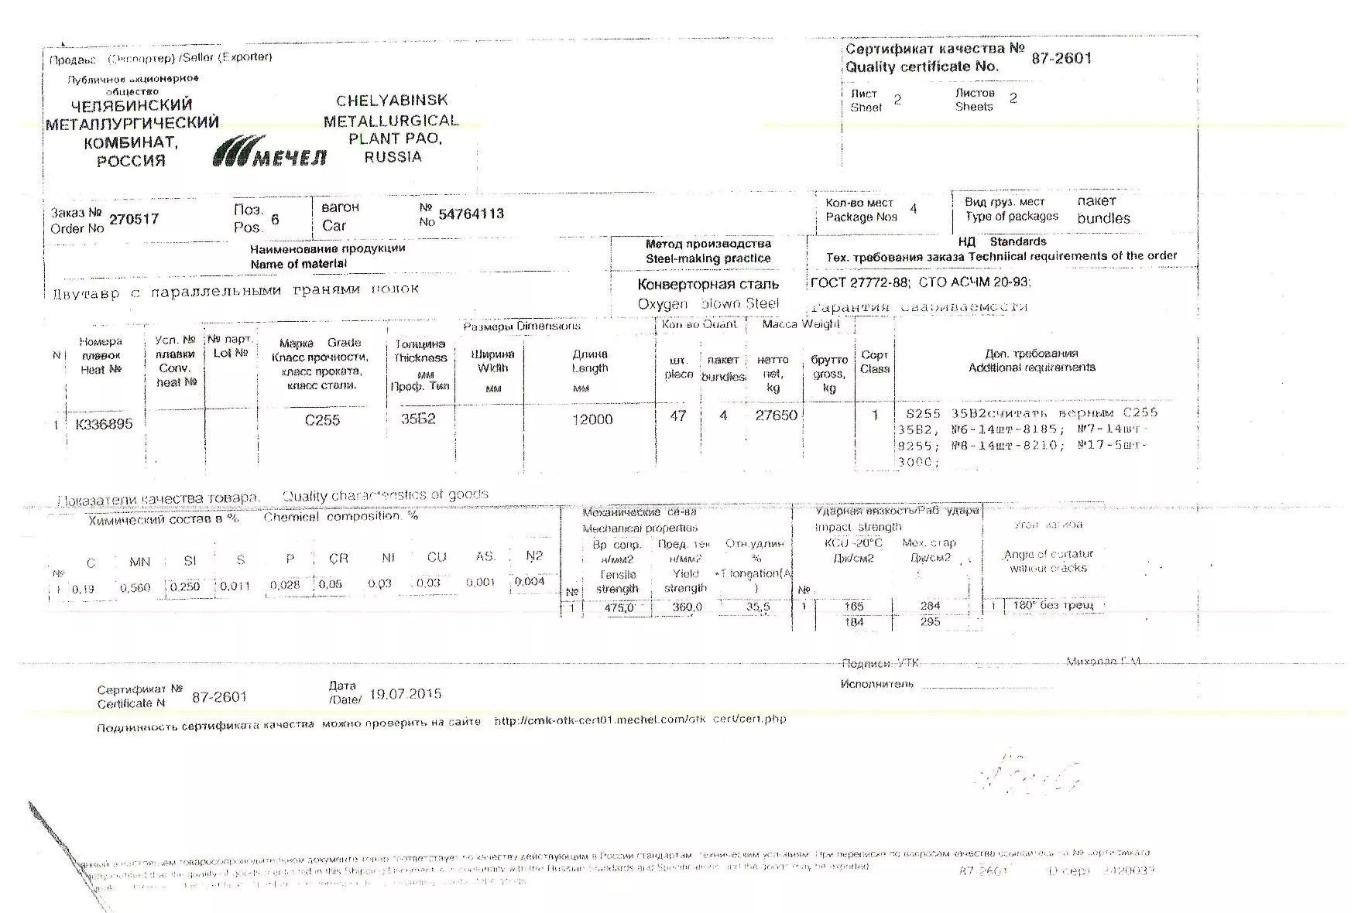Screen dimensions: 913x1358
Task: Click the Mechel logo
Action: click(269, 152)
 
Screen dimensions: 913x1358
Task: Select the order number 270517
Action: click(134, 219)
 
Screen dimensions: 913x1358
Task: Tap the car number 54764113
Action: click(471, 214)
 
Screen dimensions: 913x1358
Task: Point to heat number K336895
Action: click(104, 424)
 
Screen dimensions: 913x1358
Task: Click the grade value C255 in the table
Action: click(322, 420)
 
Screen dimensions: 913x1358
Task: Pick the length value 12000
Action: click(592, 419)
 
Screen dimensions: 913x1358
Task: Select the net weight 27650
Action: click(776, 415)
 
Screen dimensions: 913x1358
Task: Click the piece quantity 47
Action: click(678, 416)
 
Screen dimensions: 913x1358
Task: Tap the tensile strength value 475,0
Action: click(619, 608)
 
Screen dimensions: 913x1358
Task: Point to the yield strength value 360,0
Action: click(687, 608)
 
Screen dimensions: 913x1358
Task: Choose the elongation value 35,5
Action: click(758, 607)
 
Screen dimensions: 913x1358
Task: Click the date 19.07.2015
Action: click(406, 694)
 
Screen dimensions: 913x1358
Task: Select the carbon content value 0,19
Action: click(83, 590)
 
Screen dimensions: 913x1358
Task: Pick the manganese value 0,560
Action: click(135, 588)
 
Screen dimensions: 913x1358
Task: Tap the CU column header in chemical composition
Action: click(437, 557)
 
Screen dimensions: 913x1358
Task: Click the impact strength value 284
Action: click(930, 606)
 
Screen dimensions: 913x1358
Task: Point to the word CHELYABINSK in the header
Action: click(392, 101)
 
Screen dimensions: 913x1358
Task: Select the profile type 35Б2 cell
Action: click(418, 419)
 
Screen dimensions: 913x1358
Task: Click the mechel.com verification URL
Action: click(640, 720)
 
